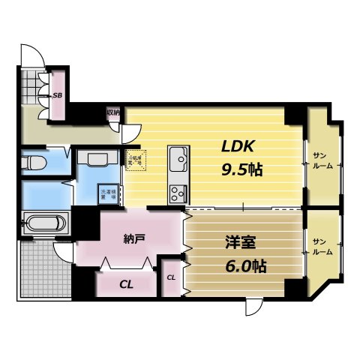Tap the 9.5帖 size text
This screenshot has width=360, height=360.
pos(241,169)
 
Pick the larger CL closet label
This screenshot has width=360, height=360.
pos(127,285)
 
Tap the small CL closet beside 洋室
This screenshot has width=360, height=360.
pos(171,278)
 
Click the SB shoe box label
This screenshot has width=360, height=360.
pos(57,95)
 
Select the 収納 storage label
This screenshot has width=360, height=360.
pos(112,113)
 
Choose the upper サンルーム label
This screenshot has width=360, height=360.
pos(323,159)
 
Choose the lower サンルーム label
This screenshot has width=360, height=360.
pos(322,246)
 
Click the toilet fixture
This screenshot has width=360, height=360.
pos(34,162)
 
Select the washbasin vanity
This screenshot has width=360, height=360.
pos(98,159)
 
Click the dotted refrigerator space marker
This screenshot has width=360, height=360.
pos(135,160)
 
